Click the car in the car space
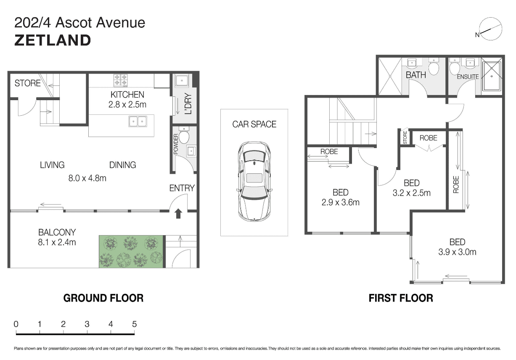(x=254, y=182)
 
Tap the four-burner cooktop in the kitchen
(x=120, y=80)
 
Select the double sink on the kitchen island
(x=138, y=121)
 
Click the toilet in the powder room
(x=184, y=136)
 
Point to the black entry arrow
(x=178, y=213)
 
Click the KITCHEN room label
(x=127, y=95)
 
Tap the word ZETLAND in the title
(x=53, y=40)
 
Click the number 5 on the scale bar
(x=134, y=324)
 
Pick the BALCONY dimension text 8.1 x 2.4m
(x=57, y=242)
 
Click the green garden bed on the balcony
(x=131, y=251)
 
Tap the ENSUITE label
(x=468, y=77)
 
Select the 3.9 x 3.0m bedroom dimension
(x=457, y=252)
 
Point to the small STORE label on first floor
(x=405, y=138)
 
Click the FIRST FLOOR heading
(x=401, y=298)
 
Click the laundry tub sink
(x=182, y=81)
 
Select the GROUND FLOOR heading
(x=103, y=298)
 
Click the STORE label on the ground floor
(x=27, y=83)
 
